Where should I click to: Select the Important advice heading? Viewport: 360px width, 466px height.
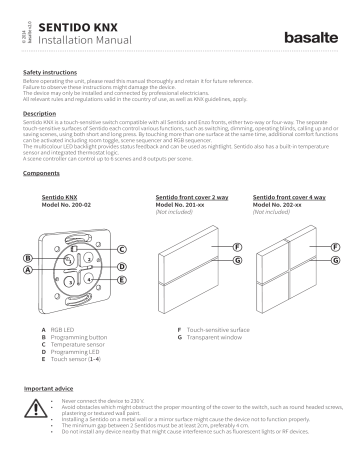tap(50, 386)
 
